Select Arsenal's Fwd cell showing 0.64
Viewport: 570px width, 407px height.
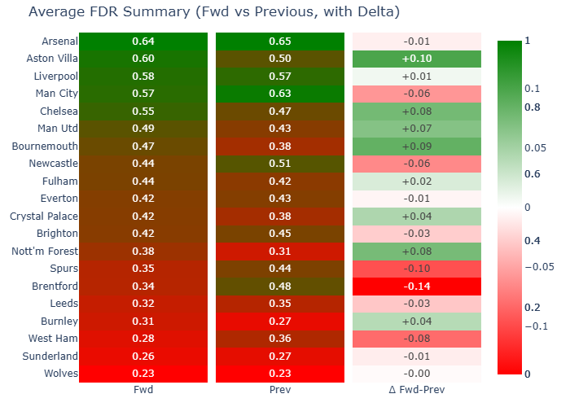coord(142,42)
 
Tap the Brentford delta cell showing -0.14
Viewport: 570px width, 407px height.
coord(417,286)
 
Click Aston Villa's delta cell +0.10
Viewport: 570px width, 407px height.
coord(417,59)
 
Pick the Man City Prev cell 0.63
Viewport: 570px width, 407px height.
coord(280,94)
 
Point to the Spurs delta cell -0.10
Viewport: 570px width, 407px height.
coord(417,268)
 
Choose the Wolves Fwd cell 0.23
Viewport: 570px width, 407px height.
coord(142,373)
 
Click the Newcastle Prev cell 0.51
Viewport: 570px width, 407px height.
coord(280,164)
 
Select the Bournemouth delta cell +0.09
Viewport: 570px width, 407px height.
coord(417,146)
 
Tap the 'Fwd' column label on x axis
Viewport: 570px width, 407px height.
coord(142,390)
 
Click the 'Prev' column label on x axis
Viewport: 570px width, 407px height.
coord(280,390)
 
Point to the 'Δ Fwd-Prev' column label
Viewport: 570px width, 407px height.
coord(417,390)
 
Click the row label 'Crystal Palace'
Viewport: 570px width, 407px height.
coord(44,216)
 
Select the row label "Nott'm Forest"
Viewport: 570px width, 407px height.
coord(46,251)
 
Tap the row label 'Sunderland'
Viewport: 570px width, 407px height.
coord(50,356)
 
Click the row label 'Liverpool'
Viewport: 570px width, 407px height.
coord(55,77)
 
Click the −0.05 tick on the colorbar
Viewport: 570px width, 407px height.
coord(538,266)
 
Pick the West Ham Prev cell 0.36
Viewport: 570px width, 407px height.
coord(280,338)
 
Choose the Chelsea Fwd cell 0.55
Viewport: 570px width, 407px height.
coord(142,111)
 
